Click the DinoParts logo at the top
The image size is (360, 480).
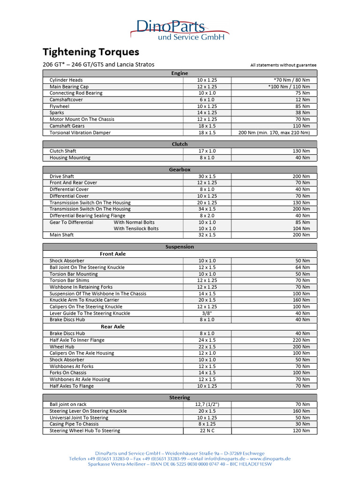180,29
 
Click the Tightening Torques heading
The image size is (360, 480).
91,52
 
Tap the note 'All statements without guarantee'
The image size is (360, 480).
283,65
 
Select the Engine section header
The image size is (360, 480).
180,73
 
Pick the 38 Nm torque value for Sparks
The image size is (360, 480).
302,113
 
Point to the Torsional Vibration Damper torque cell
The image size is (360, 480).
274,133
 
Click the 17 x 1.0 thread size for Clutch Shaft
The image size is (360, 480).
207,151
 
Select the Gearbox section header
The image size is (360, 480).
180,170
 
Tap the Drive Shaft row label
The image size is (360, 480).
62,176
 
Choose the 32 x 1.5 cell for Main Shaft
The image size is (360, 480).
207,235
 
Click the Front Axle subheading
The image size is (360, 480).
113,254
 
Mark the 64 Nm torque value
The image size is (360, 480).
302,268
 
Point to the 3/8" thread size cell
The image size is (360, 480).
207,314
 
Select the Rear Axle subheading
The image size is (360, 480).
113,327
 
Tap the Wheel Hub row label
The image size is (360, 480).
62,347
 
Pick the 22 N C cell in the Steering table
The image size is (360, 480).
207,431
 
